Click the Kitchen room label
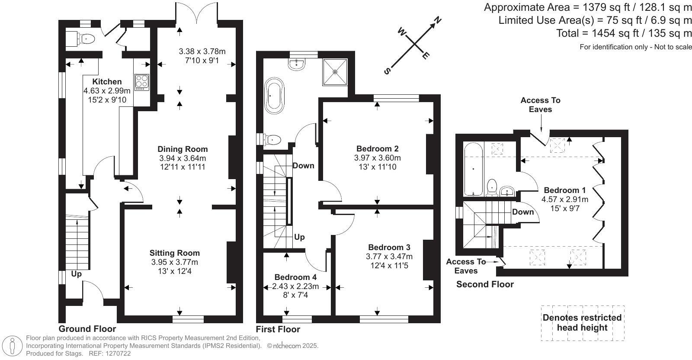click(x=107, y=82)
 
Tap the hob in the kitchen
click(x=142, y=82)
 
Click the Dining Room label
click(x=183, y=149)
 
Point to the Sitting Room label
click(x=175, y=253)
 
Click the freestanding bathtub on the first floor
click(x=274, y=96)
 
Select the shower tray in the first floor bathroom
click(x=335, y=72)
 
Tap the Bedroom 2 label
click(x=378, y=149)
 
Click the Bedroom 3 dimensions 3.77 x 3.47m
click(x=389, y=257)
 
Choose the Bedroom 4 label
click(x=295, y=277)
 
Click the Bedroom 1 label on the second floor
click(x=565, y=190)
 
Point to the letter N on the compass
click(x=437, y=20)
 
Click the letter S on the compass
click(x=387, y=71)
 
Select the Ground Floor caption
click(x=87, y=329)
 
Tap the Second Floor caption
click(x=485, y=284)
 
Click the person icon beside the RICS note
click(x=12, y=346)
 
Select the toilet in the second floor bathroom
click(x=491, y=187)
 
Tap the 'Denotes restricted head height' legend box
click(x=582, y=323)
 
